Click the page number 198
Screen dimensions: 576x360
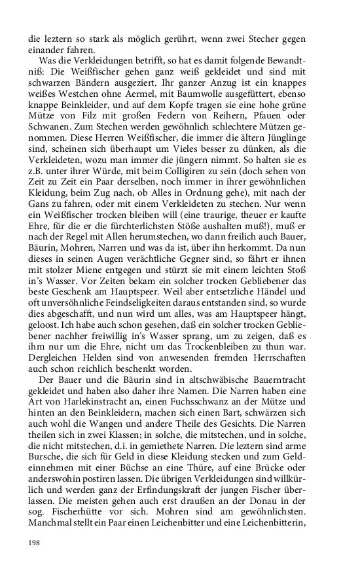coord(35,542)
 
